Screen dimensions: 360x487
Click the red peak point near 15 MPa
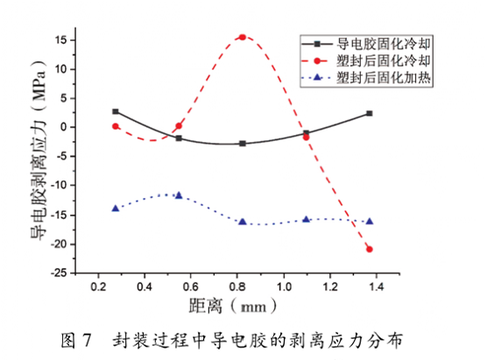pos(242,38)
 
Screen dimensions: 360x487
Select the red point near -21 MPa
pos(370,249)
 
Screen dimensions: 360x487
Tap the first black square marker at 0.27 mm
pos(116,111)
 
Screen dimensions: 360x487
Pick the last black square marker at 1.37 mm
pos(370,113)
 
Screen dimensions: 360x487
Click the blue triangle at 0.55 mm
pos(179,194)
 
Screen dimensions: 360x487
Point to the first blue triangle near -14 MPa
pos(116,208)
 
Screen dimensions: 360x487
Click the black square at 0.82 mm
pos(242,144)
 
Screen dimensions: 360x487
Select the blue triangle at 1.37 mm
pos(370,221)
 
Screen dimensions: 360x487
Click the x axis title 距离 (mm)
pos(231,307)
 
